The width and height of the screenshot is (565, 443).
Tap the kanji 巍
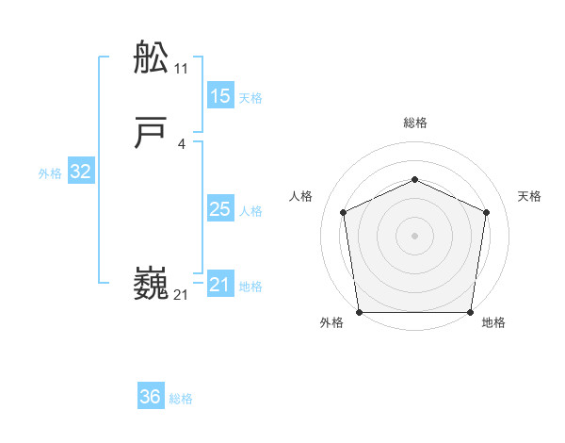click(x=152, y=284)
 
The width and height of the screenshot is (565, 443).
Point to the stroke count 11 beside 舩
click(x=182, y=69)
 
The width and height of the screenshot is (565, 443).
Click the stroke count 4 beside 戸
click(x=182, y=144)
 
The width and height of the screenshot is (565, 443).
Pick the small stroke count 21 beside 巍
click(x=182, y=295)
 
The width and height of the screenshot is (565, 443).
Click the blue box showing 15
click(x=219, y=95)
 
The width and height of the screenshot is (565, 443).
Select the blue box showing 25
click(x=219, y=209)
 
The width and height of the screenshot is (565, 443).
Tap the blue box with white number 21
click(x=219, y=285)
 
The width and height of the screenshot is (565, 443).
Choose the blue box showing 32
click(x=81, y=172)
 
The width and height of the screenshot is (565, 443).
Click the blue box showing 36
click(x=151, y=397)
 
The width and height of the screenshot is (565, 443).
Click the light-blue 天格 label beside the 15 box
click(x=250, y=97)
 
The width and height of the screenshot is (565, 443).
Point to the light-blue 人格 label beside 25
click(x=250, y=211)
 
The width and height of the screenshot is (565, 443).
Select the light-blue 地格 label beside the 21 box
click(x=250, y=287)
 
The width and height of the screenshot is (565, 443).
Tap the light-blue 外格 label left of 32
click(x=50, y=173)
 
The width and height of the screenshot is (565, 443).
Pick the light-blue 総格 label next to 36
click(x=181, y=399)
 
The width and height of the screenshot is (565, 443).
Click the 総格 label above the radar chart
click(x=414, y=123)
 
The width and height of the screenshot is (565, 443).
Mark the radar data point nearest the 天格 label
click(x=486, y=211)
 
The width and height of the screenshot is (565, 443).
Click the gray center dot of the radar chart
click(x=414, y=235)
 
